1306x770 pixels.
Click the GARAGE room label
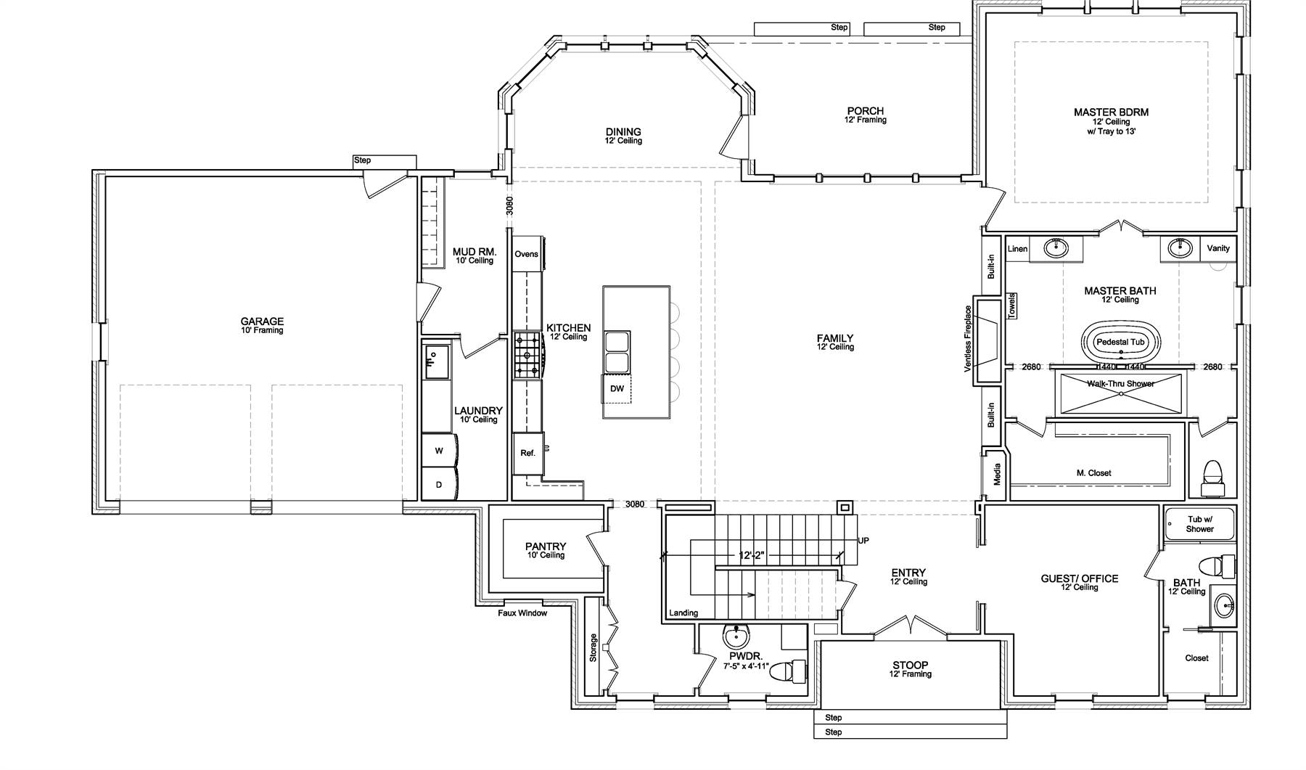coord(262,321)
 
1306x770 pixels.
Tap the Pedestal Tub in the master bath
coord(1120,342)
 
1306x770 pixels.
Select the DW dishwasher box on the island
coord(617,389)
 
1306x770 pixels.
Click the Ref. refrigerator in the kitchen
coord(527,454)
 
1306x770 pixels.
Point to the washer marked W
coord(439,451)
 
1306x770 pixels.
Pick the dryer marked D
coord(439,484)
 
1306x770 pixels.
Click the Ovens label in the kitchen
coord(526,254)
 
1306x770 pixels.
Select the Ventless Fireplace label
coord(967,339)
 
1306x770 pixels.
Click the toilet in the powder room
coord(787,671)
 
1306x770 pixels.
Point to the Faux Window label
coord(522,613)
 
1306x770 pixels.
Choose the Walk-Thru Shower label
coord(1120,383)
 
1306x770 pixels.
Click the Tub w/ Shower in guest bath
coord(1199,524)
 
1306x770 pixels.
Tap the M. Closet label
coord(1093,473)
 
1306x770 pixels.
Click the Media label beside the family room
coord(997,475)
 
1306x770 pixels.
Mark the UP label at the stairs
coord(863,541)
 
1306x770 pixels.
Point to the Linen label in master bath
coord(1017,249)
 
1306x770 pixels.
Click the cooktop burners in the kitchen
coord(529,355)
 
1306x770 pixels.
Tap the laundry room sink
coord(436,362)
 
